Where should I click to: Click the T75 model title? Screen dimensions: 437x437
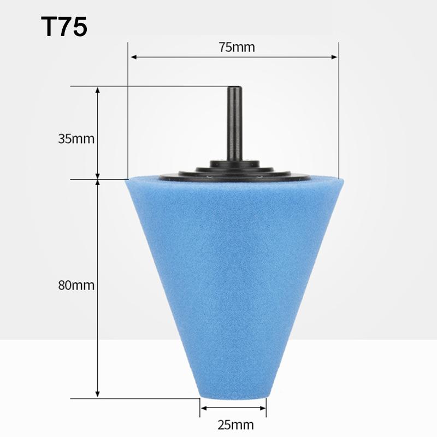pos(63,27)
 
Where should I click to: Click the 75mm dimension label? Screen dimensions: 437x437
pos(233,47)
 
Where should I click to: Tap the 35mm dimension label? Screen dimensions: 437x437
pos(76,139)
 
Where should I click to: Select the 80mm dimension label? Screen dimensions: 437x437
pos(76,285)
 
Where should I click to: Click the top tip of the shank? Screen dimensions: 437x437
pos(234,87)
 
